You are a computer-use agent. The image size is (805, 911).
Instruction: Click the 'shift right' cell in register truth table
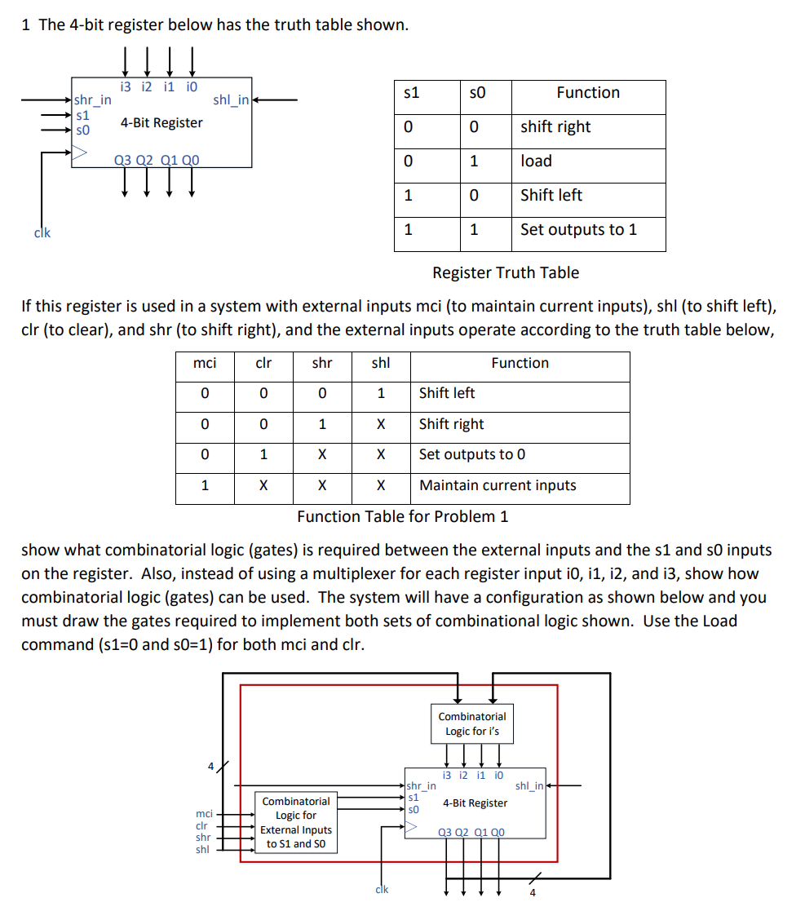pyautogui.click(x=555, y=127)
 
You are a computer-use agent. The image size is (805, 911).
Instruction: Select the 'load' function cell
pyautogui.click(x=537, y=161)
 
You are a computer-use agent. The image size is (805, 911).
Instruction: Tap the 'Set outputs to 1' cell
pyautogui.click(x=578, y=230)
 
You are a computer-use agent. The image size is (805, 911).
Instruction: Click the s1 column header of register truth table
pyautogui.click(x=412, y=93)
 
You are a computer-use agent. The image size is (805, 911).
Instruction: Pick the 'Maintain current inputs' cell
pyautogui.click(x=497, y=486)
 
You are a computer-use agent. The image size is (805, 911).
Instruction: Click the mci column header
pyautogui.click(x=204, y=364)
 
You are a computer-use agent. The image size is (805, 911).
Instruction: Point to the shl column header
pyautogui.click(x=380, y=364)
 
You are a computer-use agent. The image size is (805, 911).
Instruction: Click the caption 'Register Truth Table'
pyautogui.click(x=506, y=273)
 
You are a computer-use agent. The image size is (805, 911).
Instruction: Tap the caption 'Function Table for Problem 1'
pyautogui.click(x=402, y=517)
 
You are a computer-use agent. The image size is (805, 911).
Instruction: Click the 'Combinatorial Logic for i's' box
pyautogui.click(x=472, y=723)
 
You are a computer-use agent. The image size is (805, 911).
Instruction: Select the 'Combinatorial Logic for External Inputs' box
pyautogui.click(x=296, y=822)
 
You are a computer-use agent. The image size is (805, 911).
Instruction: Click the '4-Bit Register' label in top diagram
pyautogui.click(x=161, y=123)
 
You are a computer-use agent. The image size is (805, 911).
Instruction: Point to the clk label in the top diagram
pyautogui.click(x=42, y=232)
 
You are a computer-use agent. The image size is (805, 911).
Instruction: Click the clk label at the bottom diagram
pyautogui.click(x=381, y=890)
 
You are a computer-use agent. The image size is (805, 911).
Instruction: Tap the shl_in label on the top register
pyautogui.click(x=231, y=100)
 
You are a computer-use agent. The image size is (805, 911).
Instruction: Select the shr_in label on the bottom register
pyautogui.click(x=421, y=786)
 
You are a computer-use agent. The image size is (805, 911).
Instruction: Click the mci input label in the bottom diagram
pyautogui.click(x=204, y=814)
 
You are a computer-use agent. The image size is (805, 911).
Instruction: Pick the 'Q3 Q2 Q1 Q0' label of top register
pyautogui.click(x=156, y=160)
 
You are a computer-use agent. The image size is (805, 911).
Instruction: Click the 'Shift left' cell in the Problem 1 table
pyautogui.click(x=446, y=393)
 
